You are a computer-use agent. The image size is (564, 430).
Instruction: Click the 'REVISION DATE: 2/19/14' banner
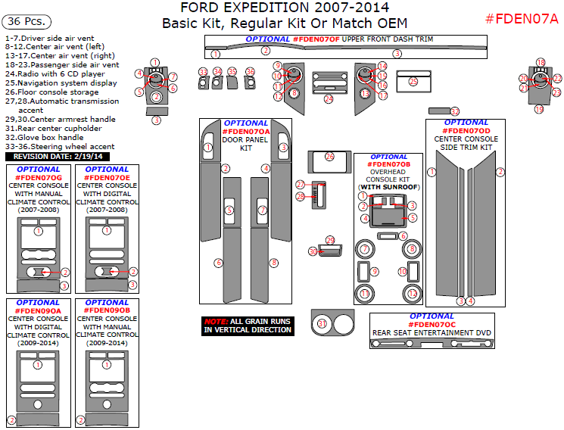pos(58,156)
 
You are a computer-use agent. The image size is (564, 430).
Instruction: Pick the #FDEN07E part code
pos(107,177)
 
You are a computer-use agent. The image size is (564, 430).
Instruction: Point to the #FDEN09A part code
pos(38,310)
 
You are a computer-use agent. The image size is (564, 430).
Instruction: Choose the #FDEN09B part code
pos(107,310)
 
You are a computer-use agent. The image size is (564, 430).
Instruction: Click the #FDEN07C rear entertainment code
pos(432,324)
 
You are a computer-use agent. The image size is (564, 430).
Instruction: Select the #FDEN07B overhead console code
pos(390,164)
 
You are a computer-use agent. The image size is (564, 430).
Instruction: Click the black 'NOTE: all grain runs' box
pos(247,326)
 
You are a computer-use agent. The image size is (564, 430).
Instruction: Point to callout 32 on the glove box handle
pos(455,111)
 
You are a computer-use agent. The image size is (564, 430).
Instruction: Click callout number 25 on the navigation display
pos(413,81)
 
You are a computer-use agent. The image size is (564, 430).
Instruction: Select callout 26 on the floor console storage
pos(329,156)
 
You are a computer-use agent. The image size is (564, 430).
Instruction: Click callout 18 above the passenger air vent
pos(541,62)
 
